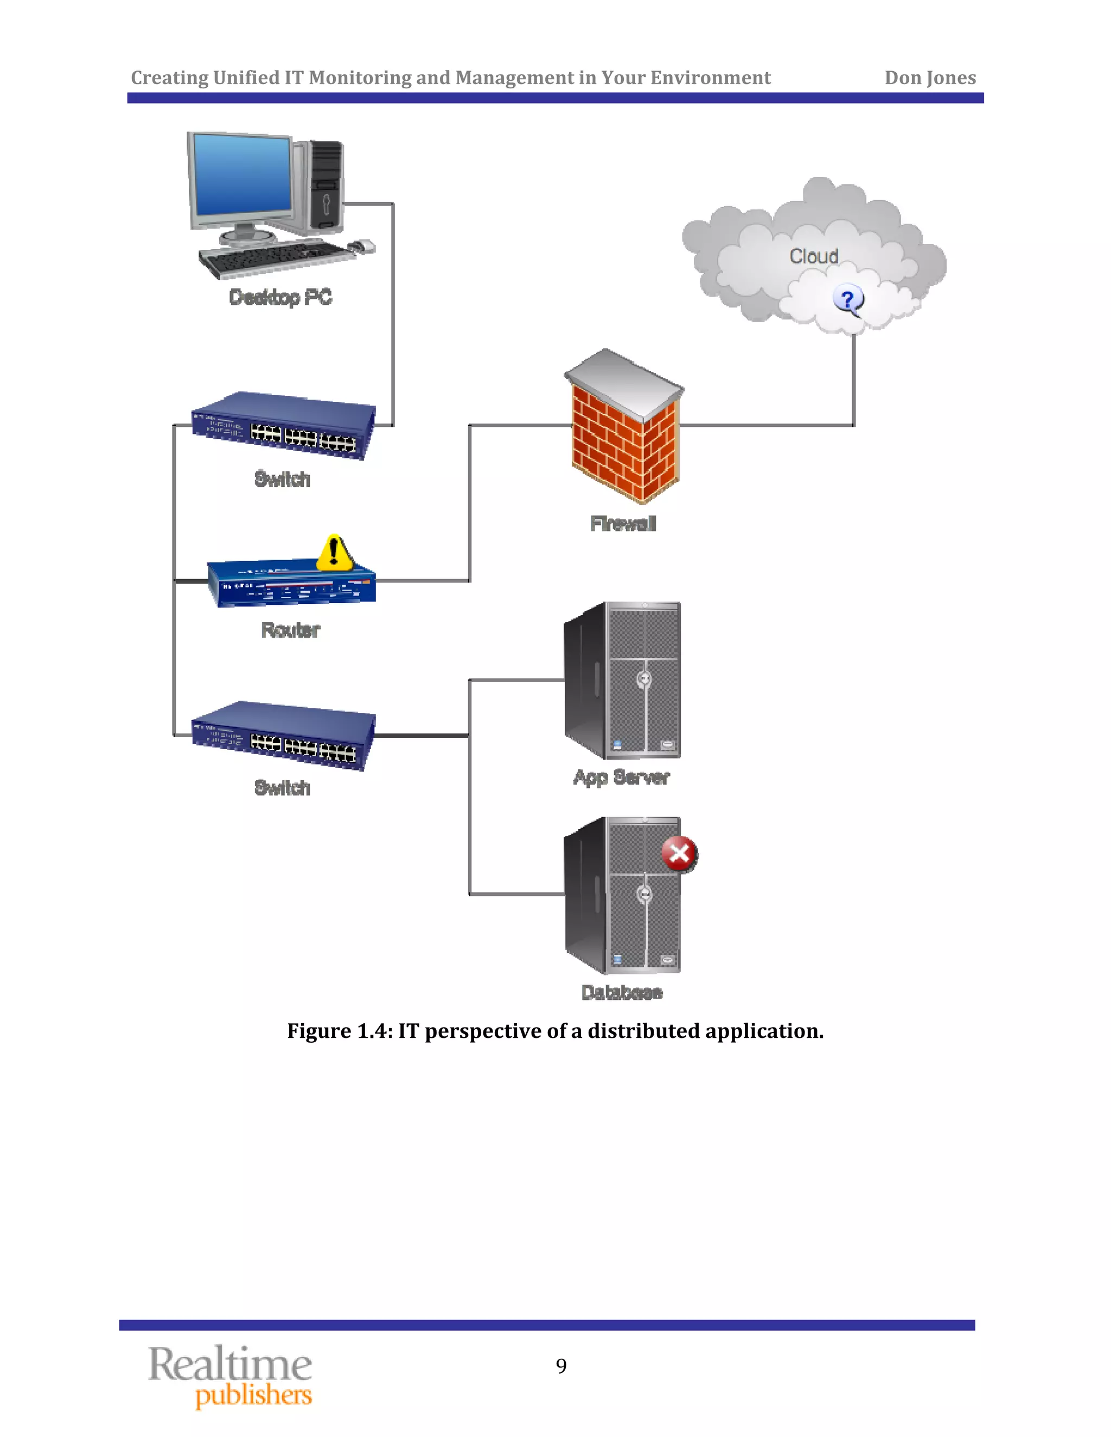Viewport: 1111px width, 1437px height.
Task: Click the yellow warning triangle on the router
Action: [334, 553]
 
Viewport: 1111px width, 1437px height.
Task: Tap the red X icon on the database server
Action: [679, 854]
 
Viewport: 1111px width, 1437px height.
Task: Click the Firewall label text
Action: [623, 524]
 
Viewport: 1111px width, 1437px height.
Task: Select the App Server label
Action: [621, 777]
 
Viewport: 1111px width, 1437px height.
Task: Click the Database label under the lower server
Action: [621, 992]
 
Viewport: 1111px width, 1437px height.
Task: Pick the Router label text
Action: [290, 630]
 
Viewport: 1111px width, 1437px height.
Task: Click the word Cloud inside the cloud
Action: [814, 256]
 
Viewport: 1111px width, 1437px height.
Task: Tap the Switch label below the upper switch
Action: [282, 479]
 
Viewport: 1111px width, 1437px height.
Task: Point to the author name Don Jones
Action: [929, 78]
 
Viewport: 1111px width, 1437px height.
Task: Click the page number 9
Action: [561, 1366]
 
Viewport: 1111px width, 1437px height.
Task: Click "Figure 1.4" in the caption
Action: [340, 1031]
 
